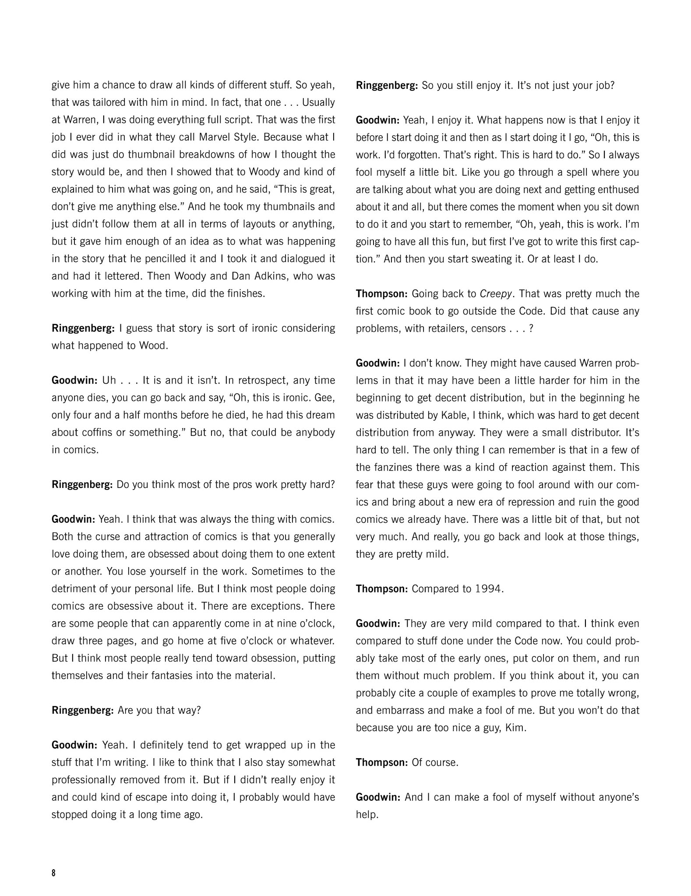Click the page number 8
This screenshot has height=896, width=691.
point(54,873)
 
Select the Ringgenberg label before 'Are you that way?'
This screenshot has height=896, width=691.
point(82,710)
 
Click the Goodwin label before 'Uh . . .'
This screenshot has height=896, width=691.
point(74,380)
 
